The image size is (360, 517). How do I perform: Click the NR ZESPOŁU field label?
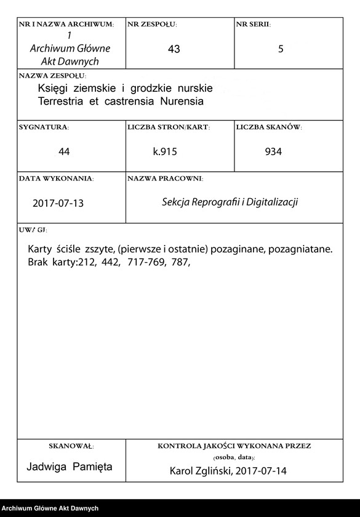[151, 24]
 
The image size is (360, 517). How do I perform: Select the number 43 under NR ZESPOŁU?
[174, 49]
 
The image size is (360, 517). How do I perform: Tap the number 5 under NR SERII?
[281, 49]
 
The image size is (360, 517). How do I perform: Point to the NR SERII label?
[252, 24]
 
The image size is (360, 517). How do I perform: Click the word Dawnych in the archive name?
[80, 62]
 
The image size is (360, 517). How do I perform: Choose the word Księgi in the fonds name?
[52, 89]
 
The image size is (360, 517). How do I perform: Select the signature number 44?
[64, 151]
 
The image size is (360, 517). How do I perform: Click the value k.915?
[165, 151]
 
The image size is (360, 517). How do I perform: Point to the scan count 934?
[273, 151]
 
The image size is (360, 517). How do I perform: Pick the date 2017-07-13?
[58, 203]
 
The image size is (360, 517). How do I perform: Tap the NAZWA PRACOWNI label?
[165, 178]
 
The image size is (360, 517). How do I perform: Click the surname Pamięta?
[92, 467]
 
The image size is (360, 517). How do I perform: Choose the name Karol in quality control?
[183, 471]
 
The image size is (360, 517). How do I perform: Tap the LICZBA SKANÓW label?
[268, 127]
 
